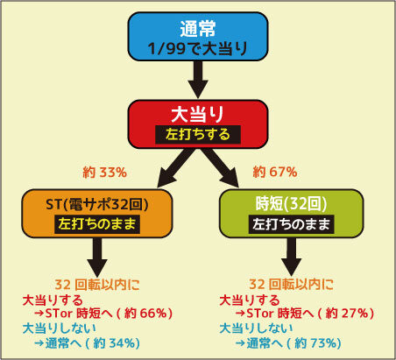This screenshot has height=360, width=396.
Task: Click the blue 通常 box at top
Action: tap(198, 37)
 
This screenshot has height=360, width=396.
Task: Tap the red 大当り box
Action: tap(198, 124)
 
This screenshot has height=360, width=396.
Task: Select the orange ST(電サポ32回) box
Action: tap(97, 214)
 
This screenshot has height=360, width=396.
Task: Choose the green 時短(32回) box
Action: tap(291, 214)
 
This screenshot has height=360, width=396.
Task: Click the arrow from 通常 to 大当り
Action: tap(198, 80)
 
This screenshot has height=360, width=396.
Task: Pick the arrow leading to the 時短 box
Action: tap(221, 168)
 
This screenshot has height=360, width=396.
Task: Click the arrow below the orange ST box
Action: tap(97, 257)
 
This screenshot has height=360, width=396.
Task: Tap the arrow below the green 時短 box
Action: tap(291, 257)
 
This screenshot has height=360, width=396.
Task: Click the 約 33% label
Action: tap(104, 173)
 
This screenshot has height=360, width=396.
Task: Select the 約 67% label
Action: tap(275, 172)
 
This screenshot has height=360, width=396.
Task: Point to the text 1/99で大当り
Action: tap(198, 48)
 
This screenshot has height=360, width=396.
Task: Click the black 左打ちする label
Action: tap(198, 135)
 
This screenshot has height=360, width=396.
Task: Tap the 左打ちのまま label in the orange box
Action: tap(97, 224)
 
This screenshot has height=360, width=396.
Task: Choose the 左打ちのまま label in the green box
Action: tap(291, 224)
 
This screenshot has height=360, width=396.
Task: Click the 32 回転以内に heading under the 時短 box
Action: tap(291, 285)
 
